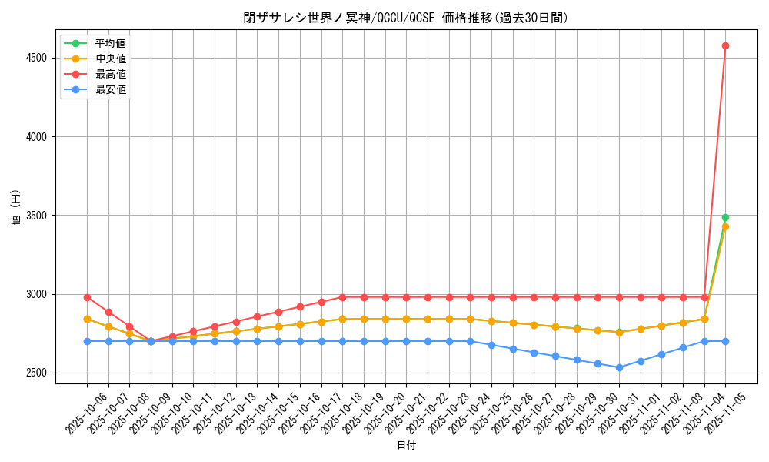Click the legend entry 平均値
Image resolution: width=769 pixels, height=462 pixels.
(110, 42)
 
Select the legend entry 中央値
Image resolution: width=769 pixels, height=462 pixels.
(110, 58)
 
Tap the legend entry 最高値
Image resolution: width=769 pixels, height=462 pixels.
(110, 74)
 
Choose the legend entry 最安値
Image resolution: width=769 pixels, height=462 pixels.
(110, 89)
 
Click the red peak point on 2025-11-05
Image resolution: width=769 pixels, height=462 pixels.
(725, 45)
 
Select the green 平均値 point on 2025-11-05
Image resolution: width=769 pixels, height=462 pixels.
(725, 218)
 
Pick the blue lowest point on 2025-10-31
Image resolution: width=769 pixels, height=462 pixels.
(619, 367)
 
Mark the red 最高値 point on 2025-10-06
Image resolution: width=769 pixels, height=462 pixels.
(87, 297)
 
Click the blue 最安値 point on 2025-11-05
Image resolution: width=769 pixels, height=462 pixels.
(725, 341)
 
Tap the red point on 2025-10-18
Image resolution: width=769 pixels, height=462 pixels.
(342, 297)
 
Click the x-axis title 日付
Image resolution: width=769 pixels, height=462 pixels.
(405, 446)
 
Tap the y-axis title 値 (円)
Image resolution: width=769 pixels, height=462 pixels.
(15, 208)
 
